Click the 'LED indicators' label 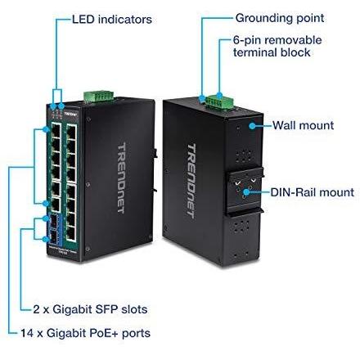(x=112, y=20)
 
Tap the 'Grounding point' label (x=280, y=18)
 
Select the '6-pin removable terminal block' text (x=277, y=47)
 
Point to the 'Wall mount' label (x=303, y=125)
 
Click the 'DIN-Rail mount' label (x=313, y=192)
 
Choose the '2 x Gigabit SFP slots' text (x=90, y=309)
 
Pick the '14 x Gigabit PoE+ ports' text (x=85, y=333)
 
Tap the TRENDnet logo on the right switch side (x=191, y=181)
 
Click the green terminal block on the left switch (x=98, y=96)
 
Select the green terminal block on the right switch (x=220, y=101)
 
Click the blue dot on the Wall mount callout (x=252, y=126)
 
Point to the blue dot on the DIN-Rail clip (x=246, y=192)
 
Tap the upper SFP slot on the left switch (x=53, y=223)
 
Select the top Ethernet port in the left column (x=56, y=130)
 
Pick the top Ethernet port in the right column (x=71, y=132)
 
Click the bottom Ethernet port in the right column (x=71, y=233)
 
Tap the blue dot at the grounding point (x=202, y=98)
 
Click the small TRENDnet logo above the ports (x=71, y=114)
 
